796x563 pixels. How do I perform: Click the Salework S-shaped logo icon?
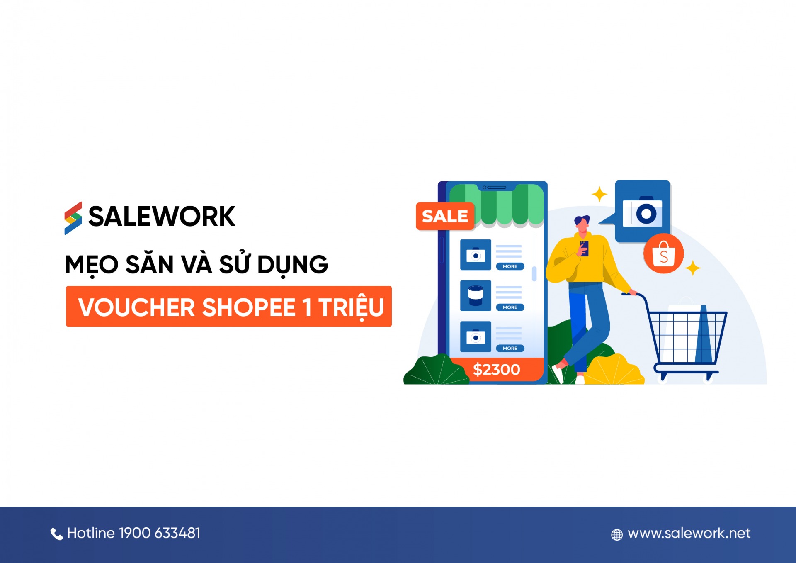(x=73, y=218)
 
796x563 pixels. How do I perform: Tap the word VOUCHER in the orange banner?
(x=136, y=307)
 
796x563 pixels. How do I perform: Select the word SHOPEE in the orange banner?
(x=249, y=307)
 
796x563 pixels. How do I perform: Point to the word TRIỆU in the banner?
(x=352, y=308)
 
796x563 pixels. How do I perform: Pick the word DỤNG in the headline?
(x=293, y=265)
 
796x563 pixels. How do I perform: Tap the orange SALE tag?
(x=445, y=216)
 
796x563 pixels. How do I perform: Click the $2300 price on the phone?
(x=496, y=369)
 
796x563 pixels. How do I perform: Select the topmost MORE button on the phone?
(x=510, y=266)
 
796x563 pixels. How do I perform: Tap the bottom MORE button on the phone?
(x=510, y=349)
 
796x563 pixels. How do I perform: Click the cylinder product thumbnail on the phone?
(x=476, y=295)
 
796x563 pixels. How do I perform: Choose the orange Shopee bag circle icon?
(x=663, y=253)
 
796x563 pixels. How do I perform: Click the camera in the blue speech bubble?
(x=642, y=212)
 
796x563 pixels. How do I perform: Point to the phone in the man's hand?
(x=584, y=248)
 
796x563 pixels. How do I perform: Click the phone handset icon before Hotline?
(x=56, y=534)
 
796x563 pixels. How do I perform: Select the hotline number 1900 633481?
(x=160, y=533)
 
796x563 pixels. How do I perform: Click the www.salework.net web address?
(x=689, y=533)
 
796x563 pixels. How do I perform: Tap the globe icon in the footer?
(x=617, y=535)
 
